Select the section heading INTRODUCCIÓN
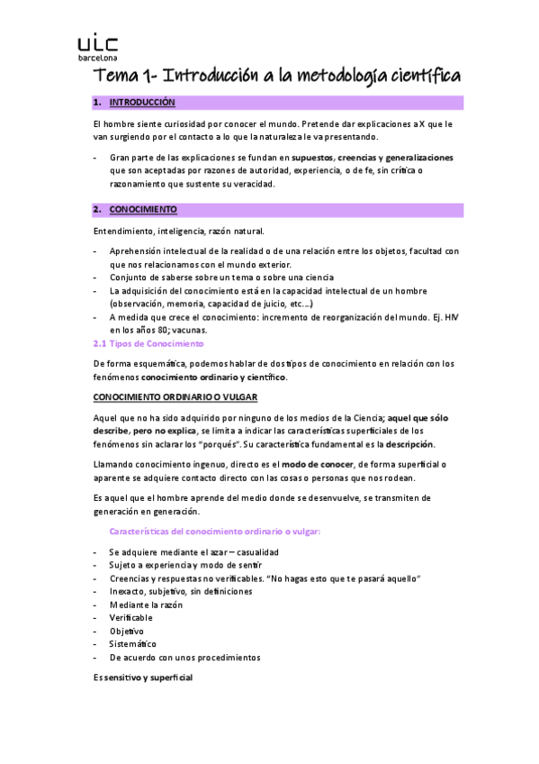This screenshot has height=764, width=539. pos(142,104)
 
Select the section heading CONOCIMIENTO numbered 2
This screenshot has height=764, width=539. pos(143,210)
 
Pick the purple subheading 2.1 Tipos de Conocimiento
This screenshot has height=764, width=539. pos(149,343)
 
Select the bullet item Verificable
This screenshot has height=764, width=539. pos(130,618)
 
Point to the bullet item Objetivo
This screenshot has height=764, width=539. pos(127,631)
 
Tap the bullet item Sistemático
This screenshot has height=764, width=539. pos(132,644)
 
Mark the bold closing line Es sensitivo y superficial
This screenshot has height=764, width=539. pos(143,677)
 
